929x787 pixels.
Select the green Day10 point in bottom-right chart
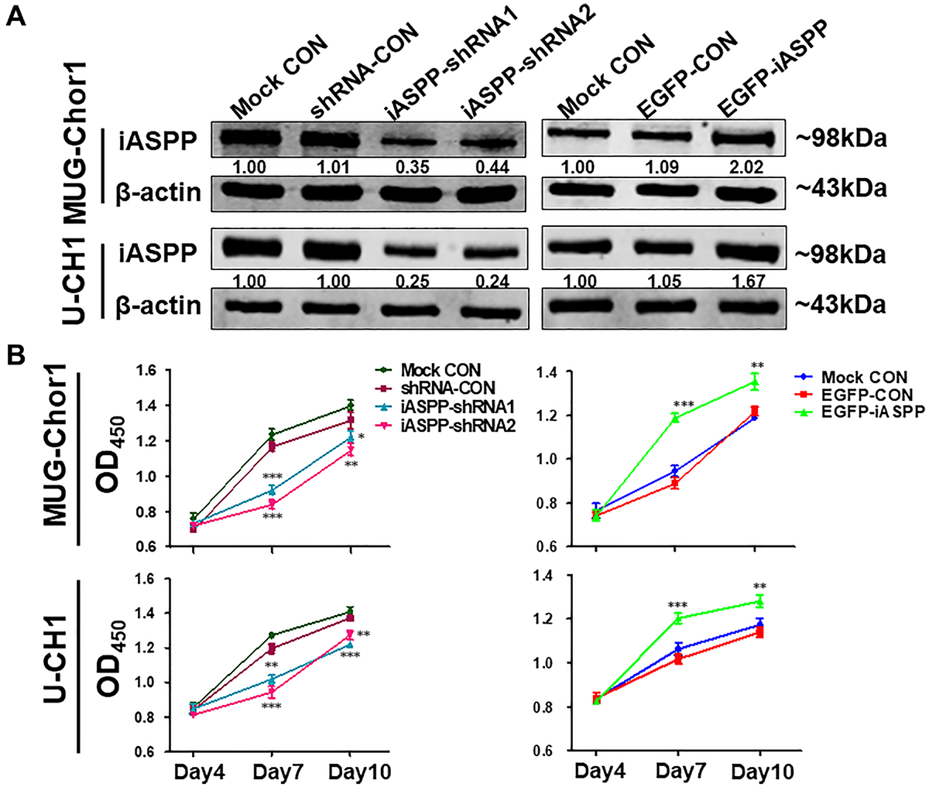point(759,601)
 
